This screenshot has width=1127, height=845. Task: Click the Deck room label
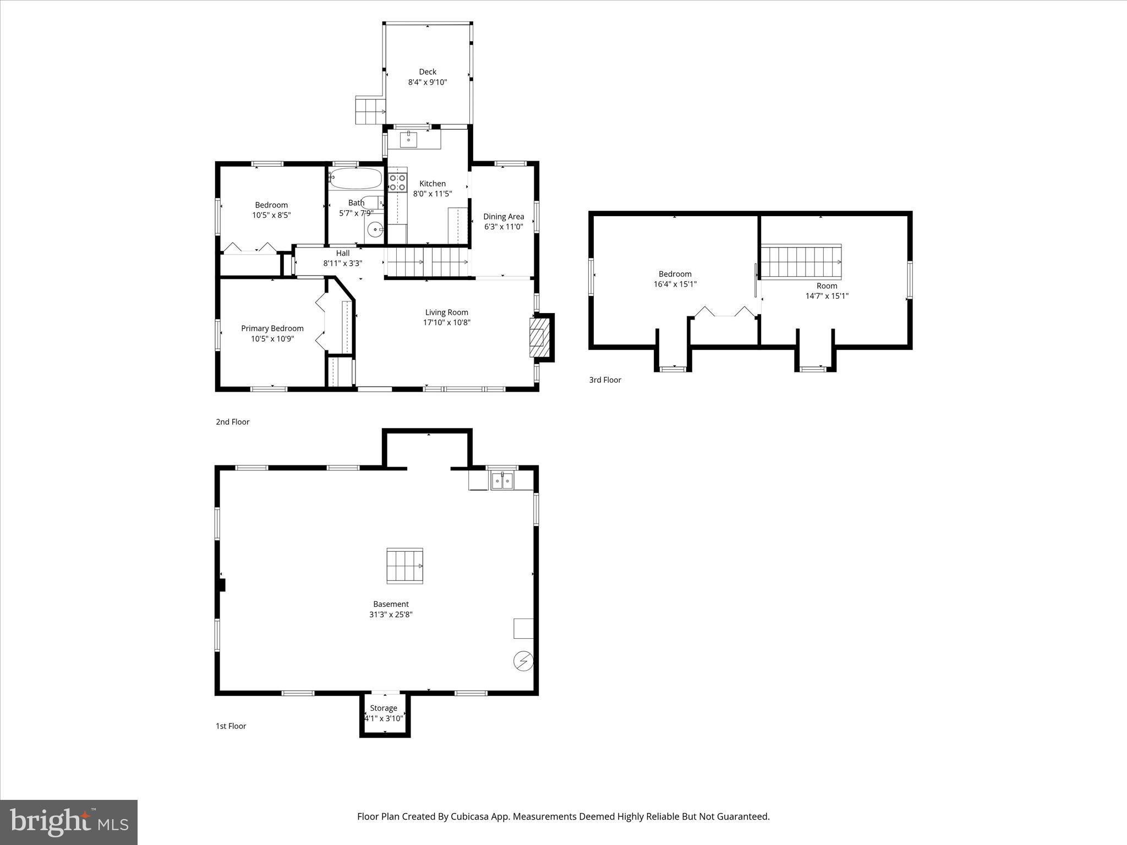pos(428,72)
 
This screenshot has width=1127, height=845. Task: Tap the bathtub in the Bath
pos(355,178)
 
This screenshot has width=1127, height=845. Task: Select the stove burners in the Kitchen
pos(397,183)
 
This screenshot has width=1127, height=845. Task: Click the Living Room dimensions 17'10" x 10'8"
pos(446,322)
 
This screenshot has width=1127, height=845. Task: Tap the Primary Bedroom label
pos(272,328)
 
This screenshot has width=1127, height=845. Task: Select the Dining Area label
pos(504,216)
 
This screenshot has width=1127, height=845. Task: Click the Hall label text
pos(343,253)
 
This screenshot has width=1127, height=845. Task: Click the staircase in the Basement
pos(404,566)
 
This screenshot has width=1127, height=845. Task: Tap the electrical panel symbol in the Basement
pos(523,661)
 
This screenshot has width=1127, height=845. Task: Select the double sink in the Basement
pos(502,481)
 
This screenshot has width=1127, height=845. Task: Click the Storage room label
pos(384,708)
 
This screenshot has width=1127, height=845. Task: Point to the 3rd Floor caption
pos(605,380)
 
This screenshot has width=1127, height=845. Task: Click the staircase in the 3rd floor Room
pos(801,262)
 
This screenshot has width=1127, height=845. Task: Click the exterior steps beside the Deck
pos(370,110)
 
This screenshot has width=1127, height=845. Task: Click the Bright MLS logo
pos(69,822)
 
